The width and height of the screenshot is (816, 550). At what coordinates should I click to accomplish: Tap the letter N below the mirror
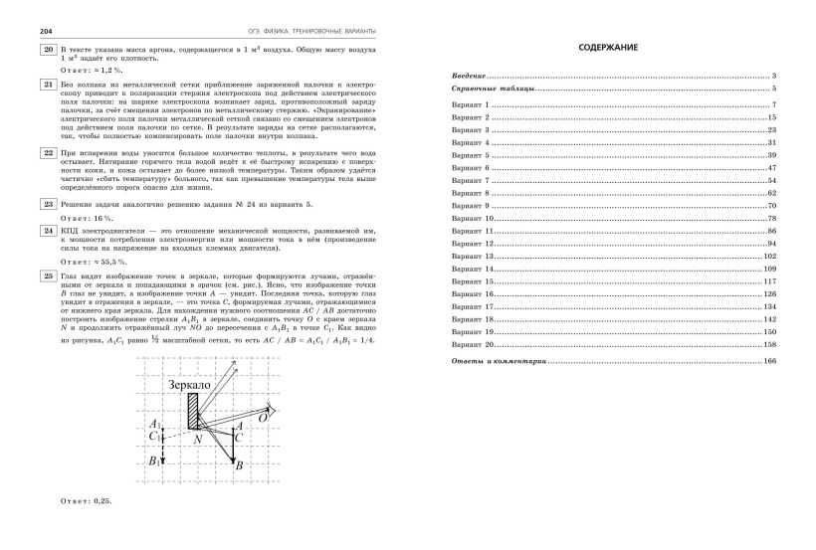tap(198, 439)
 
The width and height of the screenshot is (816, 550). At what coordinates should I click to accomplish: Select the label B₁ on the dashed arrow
tap(152, 461)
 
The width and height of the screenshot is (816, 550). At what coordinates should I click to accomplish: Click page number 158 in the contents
tap(769, 343)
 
